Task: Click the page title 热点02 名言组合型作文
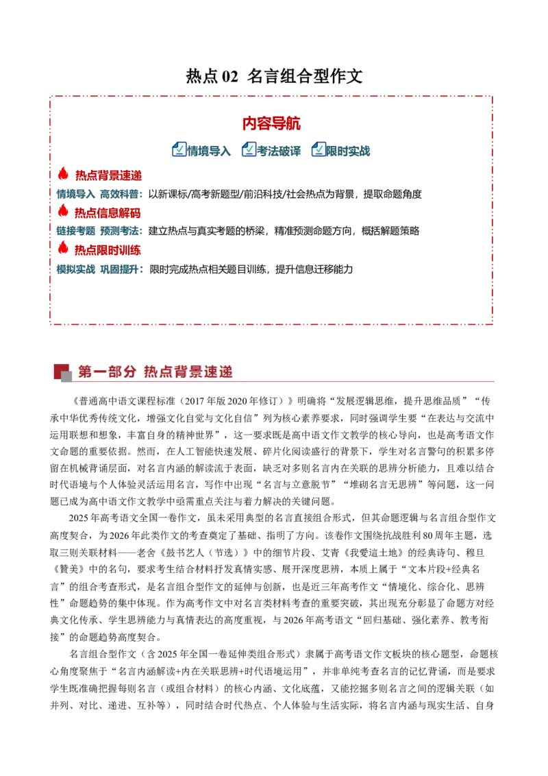coord(274,76)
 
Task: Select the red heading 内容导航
coord(271,123)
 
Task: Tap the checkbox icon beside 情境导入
coord(179,149)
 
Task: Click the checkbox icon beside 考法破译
coord(248,149)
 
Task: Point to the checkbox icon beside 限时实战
coord(318,149)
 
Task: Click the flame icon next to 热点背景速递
coord(63,173)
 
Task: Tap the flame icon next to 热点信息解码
coord(63,211)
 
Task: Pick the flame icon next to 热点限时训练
coord(63,248)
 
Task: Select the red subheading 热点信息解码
coord(108,213)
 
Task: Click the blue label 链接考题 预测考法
coord(99,231)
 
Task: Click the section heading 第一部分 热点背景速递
coord(155,372)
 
